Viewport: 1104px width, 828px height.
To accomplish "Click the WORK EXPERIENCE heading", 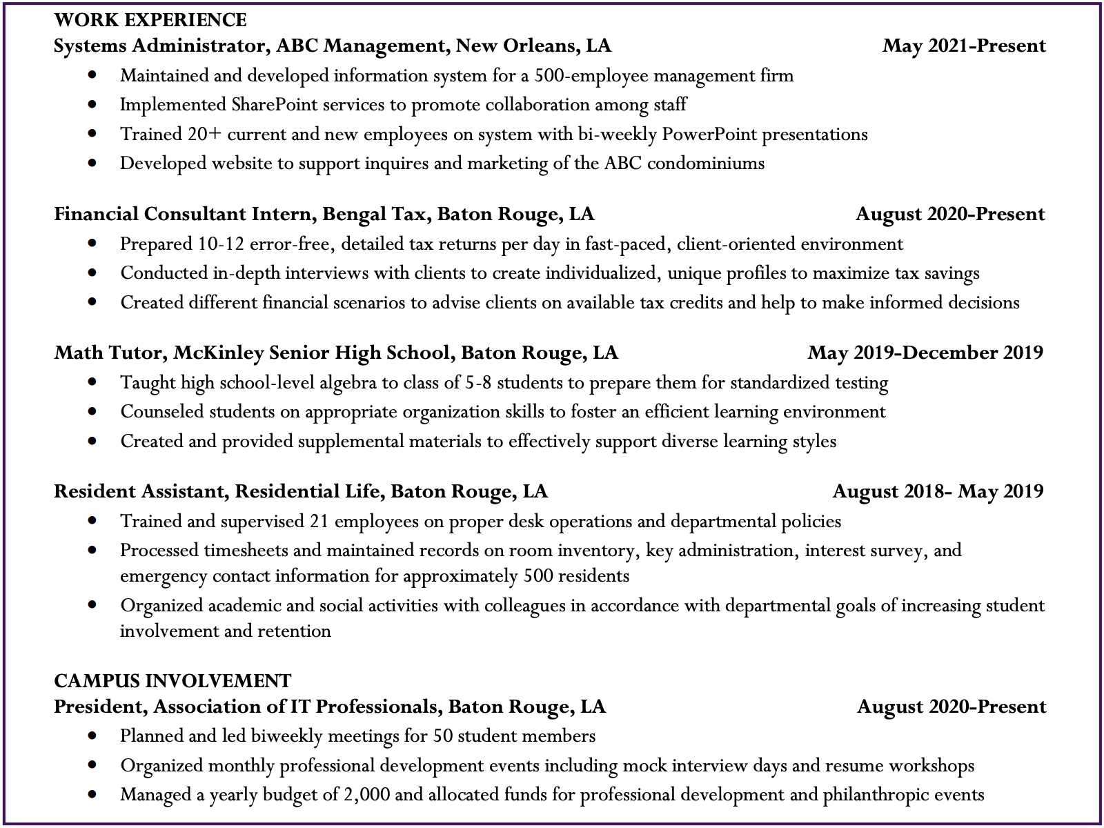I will pos(150,19).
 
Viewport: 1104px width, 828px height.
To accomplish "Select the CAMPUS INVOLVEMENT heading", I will pos(172,681).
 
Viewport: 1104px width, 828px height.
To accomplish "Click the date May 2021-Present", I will pos(964,46).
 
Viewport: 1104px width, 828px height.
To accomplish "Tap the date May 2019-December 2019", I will pos(925,353).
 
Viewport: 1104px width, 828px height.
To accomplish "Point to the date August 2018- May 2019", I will pos(938,491).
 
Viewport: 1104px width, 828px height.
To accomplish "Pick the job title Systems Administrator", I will pos(159,46).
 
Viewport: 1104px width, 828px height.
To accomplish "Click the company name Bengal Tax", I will pos(374,215).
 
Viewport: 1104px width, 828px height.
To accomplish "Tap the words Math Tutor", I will pos(108,353).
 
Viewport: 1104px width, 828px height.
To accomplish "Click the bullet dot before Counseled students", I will pos(92,412).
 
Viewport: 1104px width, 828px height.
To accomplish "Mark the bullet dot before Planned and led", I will pos(92,736).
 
